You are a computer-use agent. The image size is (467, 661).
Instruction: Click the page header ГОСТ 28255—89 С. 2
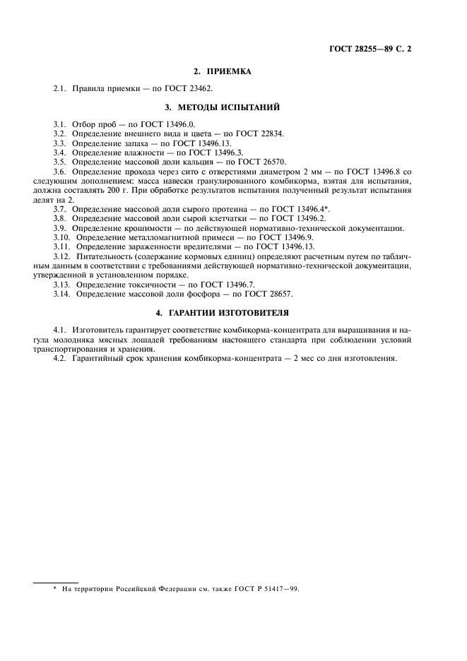(x=370, y=49)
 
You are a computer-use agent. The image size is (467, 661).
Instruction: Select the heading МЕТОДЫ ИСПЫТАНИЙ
(x=232, y=107)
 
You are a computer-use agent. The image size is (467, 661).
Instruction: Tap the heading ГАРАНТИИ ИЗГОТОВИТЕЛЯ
(x=232, y=311)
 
